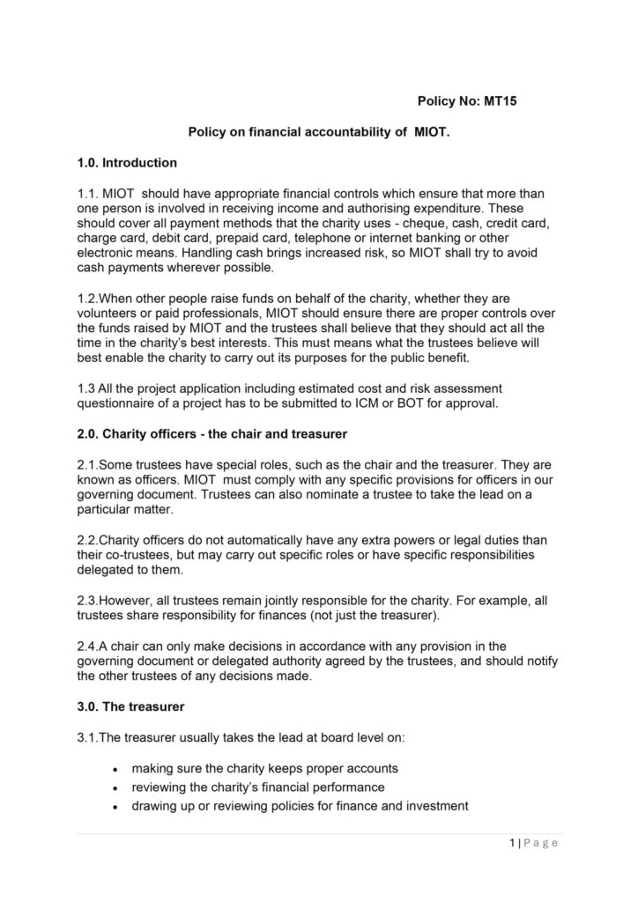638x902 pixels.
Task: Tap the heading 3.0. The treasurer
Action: pyautogui.click(x=130, y=706)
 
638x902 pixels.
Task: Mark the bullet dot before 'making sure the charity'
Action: pyautogui.click(x=117, y=769)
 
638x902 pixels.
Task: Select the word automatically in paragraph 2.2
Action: pyautogui.click(x=238, y=539)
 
